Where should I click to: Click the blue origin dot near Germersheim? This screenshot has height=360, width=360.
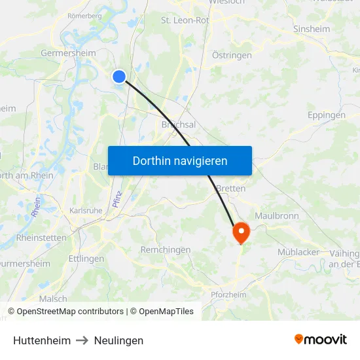pos(119,77)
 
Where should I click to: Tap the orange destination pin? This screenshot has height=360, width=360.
pos(241,232)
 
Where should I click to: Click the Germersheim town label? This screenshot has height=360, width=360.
pos(68,53)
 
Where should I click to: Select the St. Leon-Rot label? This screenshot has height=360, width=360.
pos(185,20)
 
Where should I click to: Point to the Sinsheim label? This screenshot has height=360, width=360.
pos(312,29)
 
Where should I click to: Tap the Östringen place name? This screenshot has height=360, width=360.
pos(232,56)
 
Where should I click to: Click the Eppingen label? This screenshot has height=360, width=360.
pos(326,115)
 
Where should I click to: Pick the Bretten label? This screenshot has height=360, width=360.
pos(230,189)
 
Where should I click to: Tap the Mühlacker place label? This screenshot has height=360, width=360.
pos(298,252)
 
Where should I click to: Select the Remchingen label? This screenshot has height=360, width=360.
pos(166,249)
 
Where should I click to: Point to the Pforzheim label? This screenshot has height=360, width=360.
pos(229,295)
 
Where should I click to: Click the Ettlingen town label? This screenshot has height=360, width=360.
pos(86,259)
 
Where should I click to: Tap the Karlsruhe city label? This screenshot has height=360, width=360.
pos(86,211)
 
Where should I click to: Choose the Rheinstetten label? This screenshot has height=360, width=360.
pos(41,237)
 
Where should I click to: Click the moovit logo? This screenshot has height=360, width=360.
pos(320,339)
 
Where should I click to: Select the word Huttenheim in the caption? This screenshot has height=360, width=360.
pos(42,340)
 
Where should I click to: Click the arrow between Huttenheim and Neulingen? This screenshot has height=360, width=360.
pos(82,340)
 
